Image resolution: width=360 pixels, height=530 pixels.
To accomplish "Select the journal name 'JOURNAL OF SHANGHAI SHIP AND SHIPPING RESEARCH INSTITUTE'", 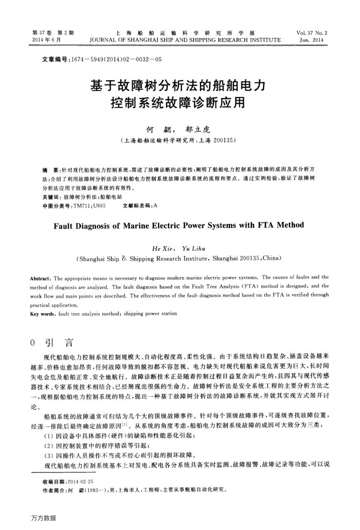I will [x=185, y=39].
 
